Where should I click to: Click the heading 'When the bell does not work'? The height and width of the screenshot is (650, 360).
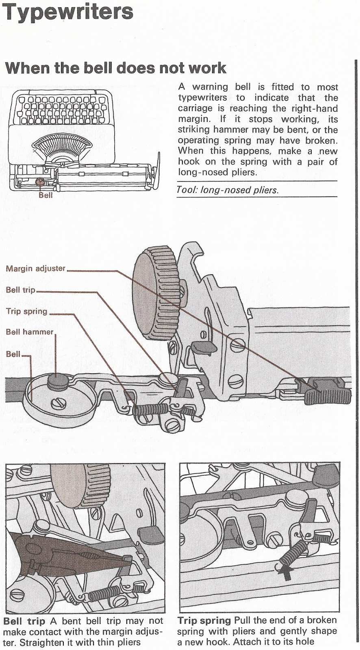coord(115,67)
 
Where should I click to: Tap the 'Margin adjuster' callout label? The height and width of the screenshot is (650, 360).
coord(36,269)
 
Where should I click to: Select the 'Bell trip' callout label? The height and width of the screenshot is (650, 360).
coord(20,290)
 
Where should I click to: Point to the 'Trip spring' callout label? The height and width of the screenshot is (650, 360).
coord(27,312)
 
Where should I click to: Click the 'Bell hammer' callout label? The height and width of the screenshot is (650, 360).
coord(30,332)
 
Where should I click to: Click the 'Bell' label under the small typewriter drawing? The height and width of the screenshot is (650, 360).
coord(46,195)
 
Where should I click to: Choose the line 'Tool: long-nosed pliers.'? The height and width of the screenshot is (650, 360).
coord(228,190)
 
